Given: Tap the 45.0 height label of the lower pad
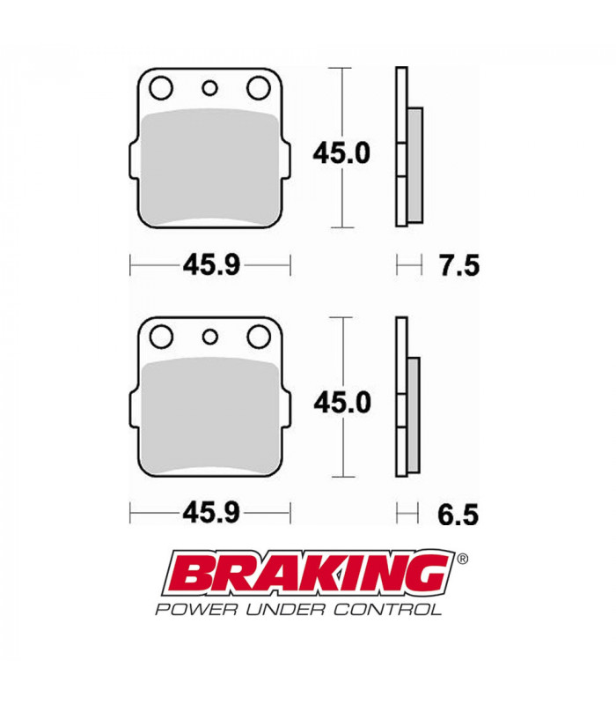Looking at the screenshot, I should [342, 402].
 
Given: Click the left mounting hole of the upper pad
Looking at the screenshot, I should [161, 88].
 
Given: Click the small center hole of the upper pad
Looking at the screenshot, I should [209, 87].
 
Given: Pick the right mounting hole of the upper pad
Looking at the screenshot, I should [259, 88].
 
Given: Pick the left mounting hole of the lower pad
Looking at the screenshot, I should [161, 337].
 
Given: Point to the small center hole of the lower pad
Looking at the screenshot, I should [209, 336].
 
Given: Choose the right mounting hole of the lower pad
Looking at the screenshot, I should [259, 337].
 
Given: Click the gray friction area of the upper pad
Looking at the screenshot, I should [209, 163].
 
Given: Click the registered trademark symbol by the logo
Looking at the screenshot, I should [463, 558].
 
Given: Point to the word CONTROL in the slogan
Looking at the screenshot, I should [392, 609].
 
